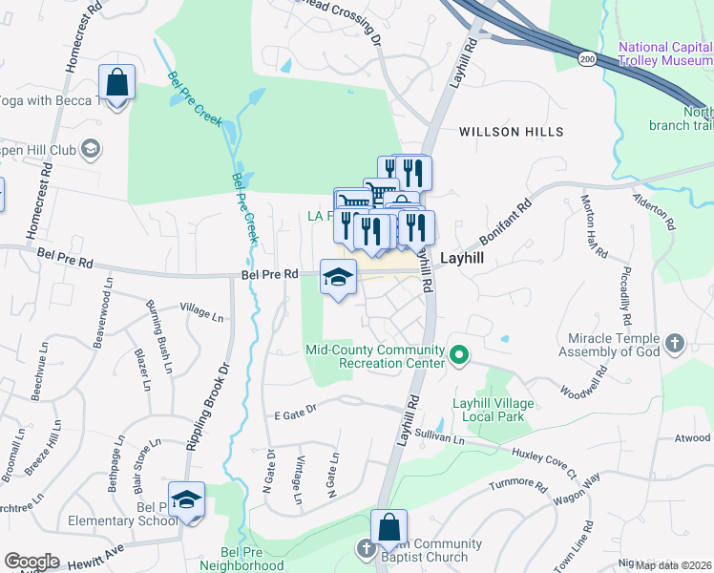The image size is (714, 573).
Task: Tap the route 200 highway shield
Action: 586,58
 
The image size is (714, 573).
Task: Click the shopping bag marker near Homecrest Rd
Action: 117,84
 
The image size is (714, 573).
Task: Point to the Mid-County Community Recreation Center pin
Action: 459,356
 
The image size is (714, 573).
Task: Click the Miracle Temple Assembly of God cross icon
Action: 674,343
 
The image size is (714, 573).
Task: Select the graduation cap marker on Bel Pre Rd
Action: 338,278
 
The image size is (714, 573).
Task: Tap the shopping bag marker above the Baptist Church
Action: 389,527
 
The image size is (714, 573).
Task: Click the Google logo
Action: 31,562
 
